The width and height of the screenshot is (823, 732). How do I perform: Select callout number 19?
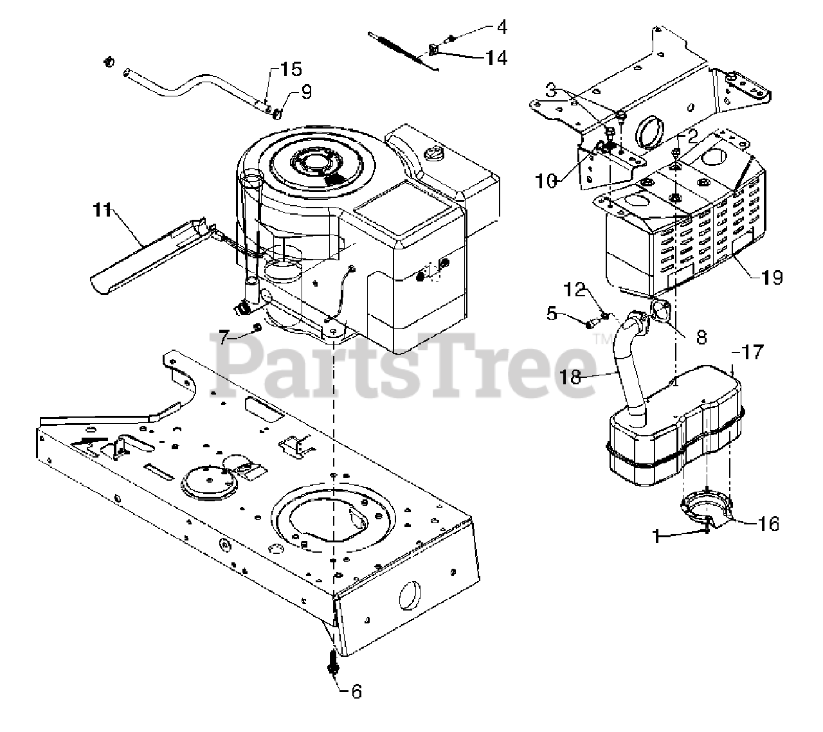(771, 277)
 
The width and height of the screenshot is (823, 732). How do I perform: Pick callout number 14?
(496, 58)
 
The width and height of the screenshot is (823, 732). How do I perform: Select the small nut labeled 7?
(257, 328)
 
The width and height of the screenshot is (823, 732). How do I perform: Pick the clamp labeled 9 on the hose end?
(277, 114)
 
